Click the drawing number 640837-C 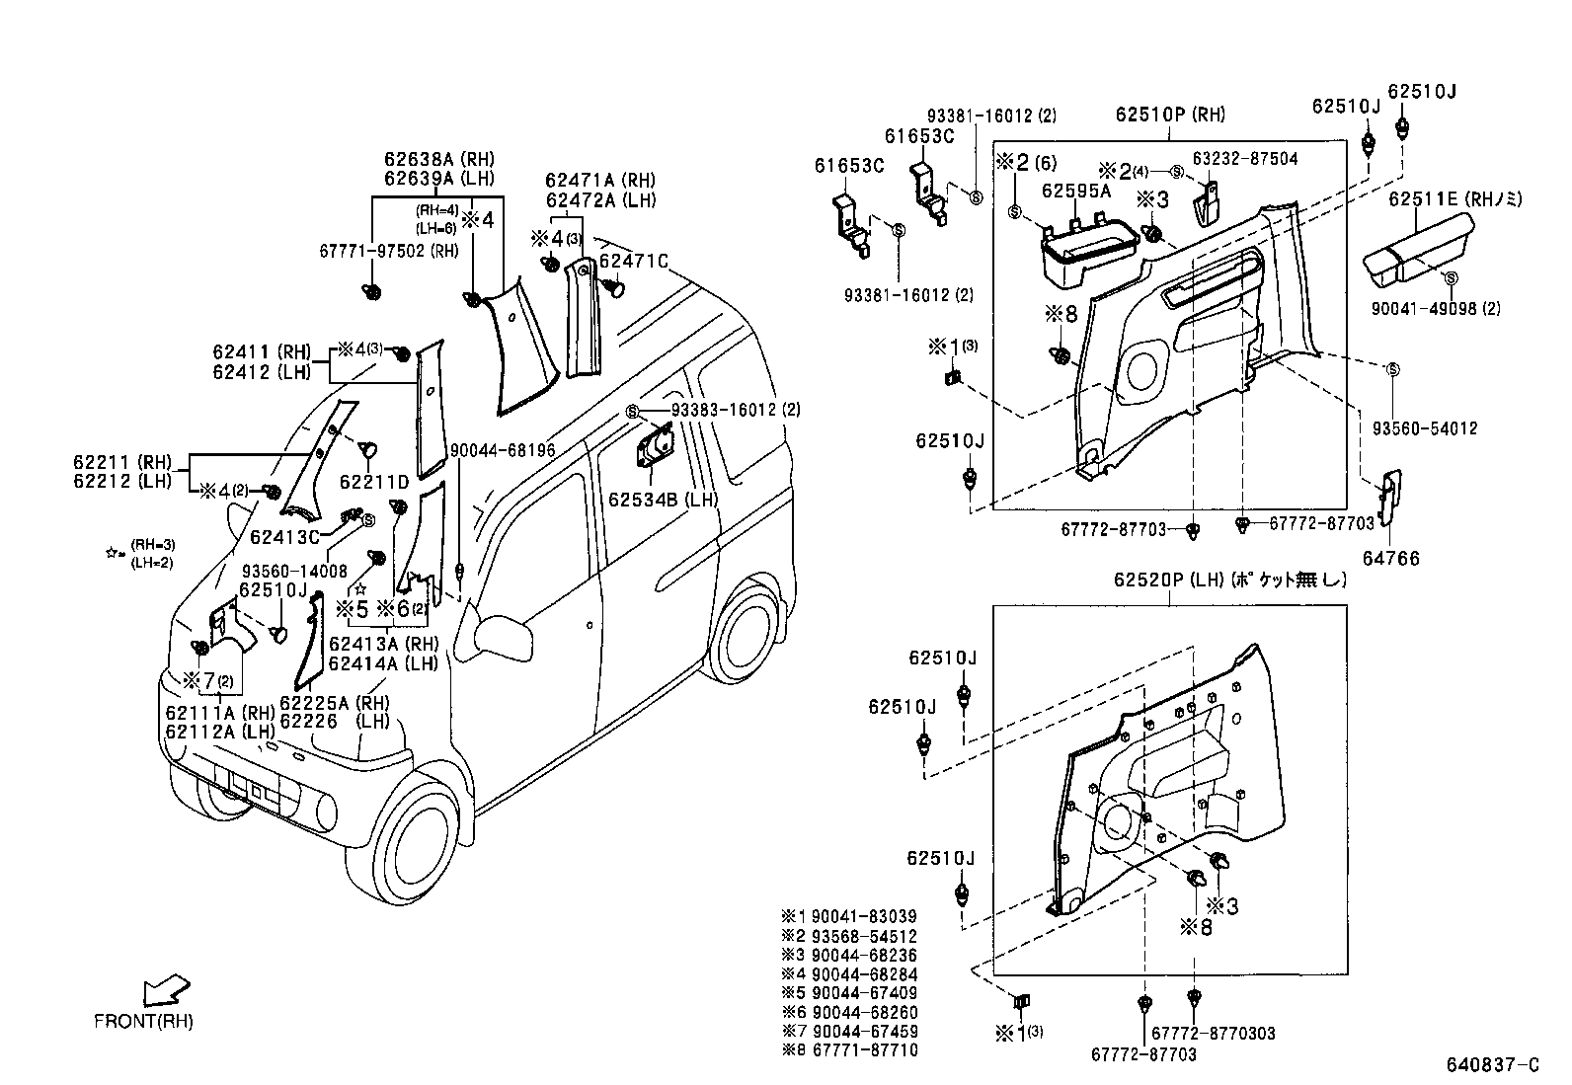coord(1492,1064)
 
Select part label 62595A coord(1075,191)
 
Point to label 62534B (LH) coord(662,500)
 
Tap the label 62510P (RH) coord(1170,115)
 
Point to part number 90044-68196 coord(502,451)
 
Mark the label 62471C coord(634,261)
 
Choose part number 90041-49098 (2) coord(1435,308)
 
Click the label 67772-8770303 coord(1213,1033)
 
